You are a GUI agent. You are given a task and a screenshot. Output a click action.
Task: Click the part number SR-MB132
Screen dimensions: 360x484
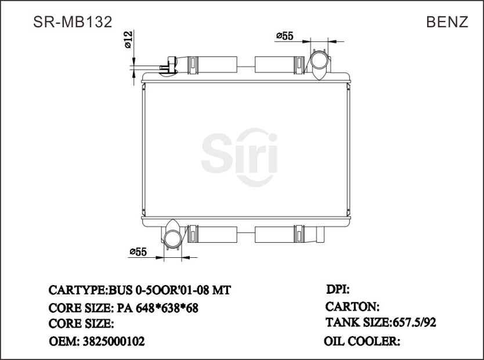click(x=73, y=21)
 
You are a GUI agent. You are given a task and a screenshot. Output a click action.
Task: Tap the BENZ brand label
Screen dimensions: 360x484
click(x=447, y=21)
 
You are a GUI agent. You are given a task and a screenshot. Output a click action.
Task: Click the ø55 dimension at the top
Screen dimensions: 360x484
click(x=284, y=36)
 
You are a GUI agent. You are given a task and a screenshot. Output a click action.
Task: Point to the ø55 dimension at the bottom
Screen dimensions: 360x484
click(x=138, y=251)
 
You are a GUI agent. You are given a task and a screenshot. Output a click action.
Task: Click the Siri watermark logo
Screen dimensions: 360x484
click(x=239, y=153)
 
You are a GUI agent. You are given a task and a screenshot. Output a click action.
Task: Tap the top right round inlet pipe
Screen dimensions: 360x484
click(x=319, y=62)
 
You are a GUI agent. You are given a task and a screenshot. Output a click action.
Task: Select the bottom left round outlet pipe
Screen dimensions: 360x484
click(x=172, y=236)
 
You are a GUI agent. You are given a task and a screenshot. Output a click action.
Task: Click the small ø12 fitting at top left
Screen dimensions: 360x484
click(x=168, y=65)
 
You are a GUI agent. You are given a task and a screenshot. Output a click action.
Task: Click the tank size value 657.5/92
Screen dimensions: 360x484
click(x=414, y=322)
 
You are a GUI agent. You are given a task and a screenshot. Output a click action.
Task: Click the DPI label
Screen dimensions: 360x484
click(x=338, y=289)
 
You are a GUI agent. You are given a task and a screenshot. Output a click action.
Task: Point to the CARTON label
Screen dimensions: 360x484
click(x=353, y=306)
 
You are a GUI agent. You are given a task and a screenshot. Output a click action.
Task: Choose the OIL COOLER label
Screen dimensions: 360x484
click(x=362, y=341)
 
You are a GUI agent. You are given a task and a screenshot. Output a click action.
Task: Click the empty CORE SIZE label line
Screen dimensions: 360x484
click(x=81, y=324)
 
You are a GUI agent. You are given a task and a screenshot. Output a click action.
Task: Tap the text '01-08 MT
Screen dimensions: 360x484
click(x=203, y=290)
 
